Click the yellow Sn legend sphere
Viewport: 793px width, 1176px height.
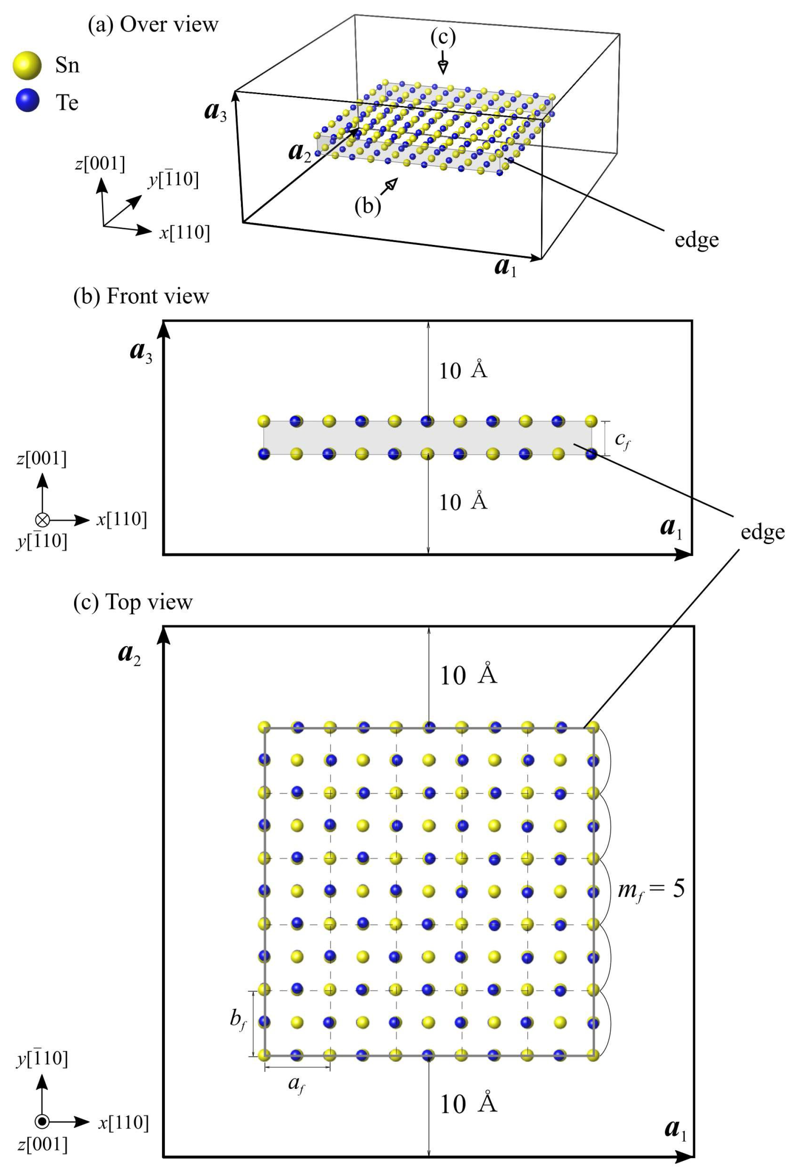27,65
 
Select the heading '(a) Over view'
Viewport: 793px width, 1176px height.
153,24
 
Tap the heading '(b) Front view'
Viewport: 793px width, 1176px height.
141,296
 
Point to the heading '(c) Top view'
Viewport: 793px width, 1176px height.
133,602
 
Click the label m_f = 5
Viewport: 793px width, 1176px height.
651,889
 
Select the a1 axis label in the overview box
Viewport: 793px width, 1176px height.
505,267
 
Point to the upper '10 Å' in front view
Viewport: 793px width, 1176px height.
463,371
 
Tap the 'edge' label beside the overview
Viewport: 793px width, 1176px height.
696,240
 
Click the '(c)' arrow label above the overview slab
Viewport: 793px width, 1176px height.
442,37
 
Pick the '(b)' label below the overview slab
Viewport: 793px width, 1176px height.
367,206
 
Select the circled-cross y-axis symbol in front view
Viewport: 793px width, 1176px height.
43,519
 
